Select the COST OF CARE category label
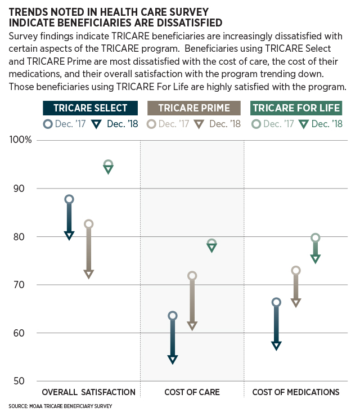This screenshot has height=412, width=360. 192,392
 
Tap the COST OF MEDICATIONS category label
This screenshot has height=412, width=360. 295,392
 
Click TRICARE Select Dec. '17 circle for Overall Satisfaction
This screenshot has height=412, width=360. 69,199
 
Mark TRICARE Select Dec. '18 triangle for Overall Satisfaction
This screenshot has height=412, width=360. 69,235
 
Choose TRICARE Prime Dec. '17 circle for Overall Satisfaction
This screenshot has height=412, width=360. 88,224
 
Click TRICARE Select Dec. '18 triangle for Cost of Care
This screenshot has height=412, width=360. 173,360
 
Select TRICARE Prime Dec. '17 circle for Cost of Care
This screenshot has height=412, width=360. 192,276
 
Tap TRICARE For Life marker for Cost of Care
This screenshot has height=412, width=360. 211,245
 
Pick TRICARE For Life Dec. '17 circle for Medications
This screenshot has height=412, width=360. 316,238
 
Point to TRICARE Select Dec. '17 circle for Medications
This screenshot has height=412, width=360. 276,302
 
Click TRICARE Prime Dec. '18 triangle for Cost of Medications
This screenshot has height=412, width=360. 296,303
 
